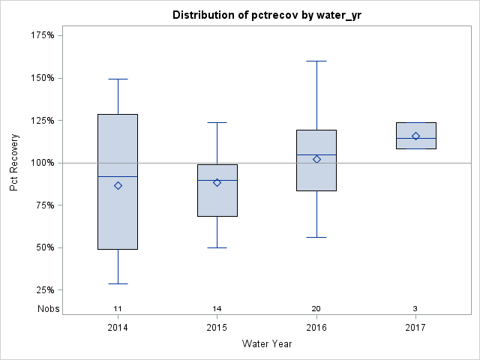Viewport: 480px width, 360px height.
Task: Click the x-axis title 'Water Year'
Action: tap(267, 343)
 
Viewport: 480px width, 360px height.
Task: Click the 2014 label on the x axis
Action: tap(118, 328)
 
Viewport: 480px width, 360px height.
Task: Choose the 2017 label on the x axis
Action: tap(415, 328)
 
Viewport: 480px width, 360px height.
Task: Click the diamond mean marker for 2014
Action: tap(118, 185)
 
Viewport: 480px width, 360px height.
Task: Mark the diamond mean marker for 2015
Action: tap(217, 182)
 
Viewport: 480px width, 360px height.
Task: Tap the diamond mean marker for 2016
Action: tap(316, 159)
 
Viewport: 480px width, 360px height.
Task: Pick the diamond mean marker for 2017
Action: tap(415, 136)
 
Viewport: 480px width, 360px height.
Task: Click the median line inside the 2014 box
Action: tap(118, 176)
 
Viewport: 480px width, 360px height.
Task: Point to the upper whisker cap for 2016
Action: tap(316, 61)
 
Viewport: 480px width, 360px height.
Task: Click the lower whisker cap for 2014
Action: tap(118, 283)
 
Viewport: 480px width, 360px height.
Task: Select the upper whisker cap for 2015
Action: tap(217, 122)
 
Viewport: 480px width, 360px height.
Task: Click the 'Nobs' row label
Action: tap(49, 308)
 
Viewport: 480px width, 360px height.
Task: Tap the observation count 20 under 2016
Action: tap(316, 308)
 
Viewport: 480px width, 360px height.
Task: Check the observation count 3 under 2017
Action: tap(415, 308)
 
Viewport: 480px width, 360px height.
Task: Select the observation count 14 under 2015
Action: tap(217, 308)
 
